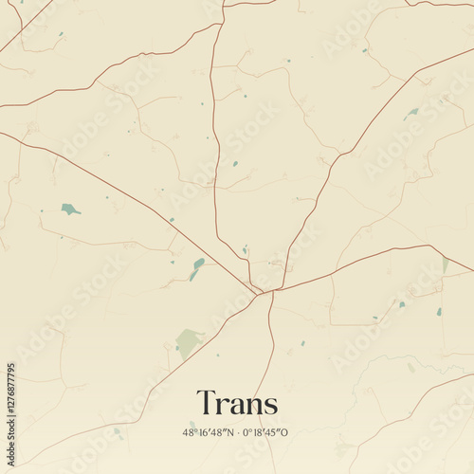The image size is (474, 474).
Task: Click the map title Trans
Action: pyautogui.click(x=237, y=404)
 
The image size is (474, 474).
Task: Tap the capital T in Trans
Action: pyautogui.click(x=205, y=403)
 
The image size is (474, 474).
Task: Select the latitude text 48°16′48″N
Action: pyautogui.click(x=209, y=432)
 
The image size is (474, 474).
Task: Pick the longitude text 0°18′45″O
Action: pyautogui.click(x=264, y=432)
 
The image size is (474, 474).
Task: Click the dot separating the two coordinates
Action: pyautogui.click(x=236, y=432)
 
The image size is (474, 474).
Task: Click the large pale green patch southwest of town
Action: pyautogui.click(x=188, y=341)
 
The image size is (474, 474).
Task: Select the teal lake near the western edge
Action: pyautogui.click(x=69, y=209)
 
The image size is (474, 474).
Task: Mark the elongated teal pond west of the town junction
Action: pyautogui.click(x=196, y=268)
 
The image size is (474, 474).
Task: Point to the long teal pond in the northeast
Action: pyautogui.click(x=411, y=113)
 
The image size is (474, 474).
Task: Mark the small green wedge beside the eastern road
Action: pyautogui.click(x=445, y=266)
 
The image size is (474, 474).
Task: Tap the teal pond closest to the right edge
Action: pyautogui.click(x=439, y=311)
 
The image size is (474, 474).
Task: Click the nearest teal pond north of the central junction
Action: pyautogui.click(x=245, y=250)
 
